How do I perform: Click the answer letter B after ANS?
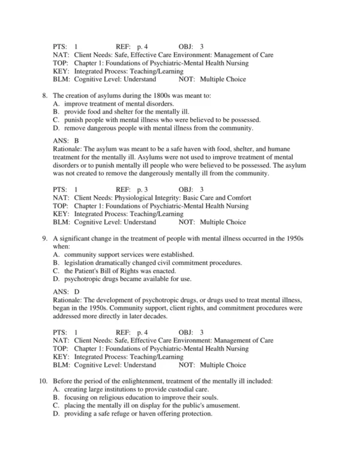coord(77,140)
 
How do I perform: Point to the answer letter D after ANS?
coord(77,291)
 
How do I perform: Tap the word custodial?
coord(185,389)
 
